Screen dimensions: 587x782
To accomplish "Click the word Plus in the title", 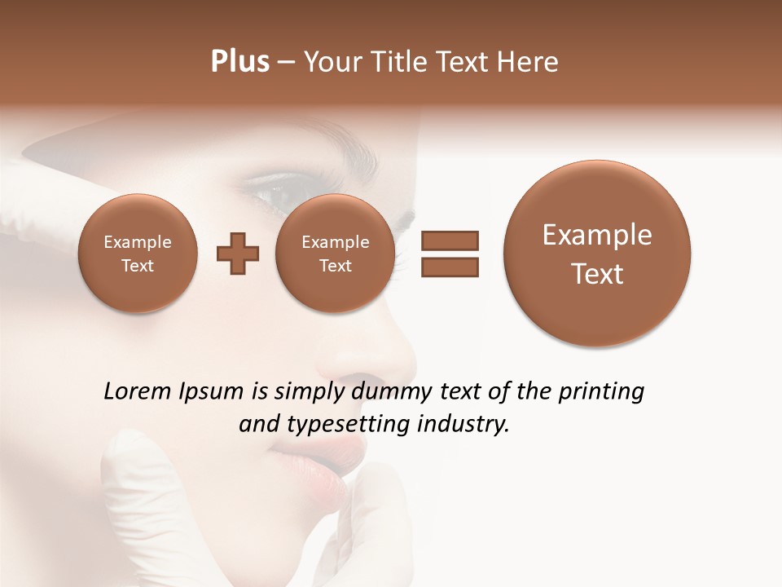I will (x=239, y=62).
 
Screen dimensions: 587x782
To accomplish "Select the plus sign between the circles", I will (x=238, y=254).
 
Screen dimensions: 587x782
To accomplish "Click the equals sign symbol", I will (x=450, y=254).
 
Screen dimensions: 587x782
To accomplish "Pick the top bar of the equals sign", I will (x=450, y=241).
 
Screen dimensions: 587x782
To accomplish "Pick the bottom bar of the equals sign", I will (x=450, y=267).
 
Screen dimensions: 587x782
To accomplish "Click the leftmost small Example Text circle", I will (x=138, y=254).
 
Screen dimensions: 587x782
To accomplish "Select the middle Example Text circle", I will (x=335, y=254).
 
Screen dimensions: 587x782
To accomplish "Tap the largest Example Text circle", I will (x=597, y=254).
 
